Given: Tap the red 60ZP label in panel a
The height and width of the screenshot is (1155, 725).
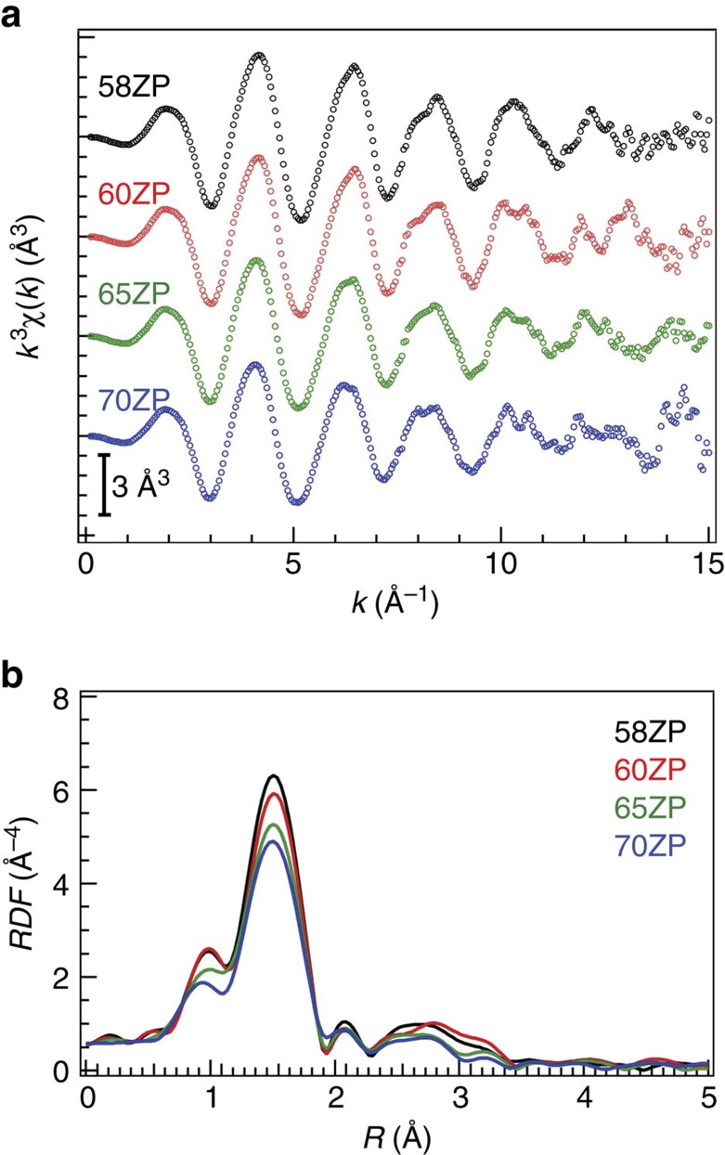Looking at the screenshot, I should [133, 194].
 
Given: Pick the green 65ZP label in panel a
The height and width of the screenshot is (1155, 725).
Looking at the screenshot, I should [133, 295].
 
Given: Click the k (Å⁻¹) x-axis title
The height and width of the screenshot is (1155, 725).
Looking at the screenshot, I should [395, 604].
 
